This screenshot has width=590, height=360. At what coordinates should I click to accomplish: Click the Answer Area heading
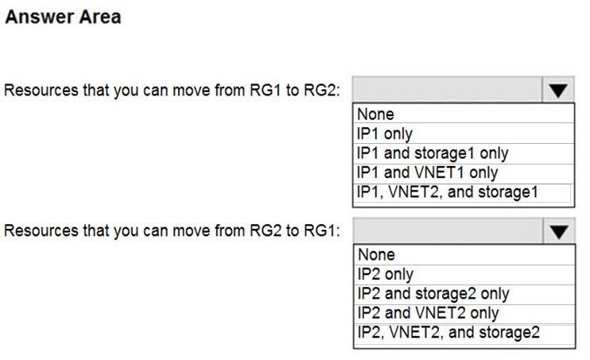coord(64,17)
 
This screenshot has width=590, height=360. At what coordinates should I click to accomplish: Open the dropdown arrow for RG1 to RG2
coord(558,90)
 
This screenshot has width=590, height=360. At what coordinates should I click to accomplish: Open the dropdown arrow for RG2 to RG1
coord(559,231)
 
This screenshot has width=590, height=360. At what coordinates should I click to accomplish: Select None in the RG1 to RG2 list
coord(375,114)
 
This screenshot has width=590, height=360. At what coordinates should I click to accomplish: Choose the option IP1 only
coord(385,134)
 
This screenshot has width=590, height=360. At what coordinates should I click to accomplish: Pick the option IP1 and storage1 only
coord(433,153)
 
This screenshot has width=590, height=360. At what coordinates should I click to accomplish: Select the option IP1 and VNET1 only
coord(427,172)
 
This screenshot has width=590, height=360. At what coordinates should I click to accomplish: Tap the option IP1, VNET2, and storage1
coord(448,192)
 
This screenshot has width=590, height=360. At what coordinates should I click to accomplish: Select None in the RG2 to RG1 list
coord(376,254)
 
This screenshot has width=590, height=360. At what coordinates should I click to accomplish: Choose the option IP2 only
coord(386,274)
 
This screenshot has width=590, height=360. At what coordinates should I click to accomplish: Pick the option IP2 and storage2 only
coord(433,294)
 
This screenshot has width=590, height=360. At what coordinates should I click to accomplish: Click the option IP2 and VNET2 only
coord(429,313)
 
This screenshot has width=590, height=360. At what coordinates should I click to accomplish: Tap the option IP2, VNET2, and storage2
coord(448,332)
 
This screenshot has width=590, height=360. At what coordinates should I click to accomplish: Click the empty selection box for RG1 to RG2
coord(448,90)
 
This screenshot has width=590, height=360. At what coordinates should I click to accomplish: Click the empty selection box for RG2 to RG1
coord(448,231)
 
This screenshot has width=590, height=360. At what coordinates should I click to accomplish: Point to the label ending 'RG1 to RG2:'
coord(172,91)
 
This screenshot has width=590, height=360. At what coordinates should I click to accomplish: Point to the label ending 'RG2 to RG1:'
coord(172,230)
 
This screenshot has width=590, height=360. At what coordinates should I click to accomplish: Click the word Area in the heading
coord(98,17)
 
